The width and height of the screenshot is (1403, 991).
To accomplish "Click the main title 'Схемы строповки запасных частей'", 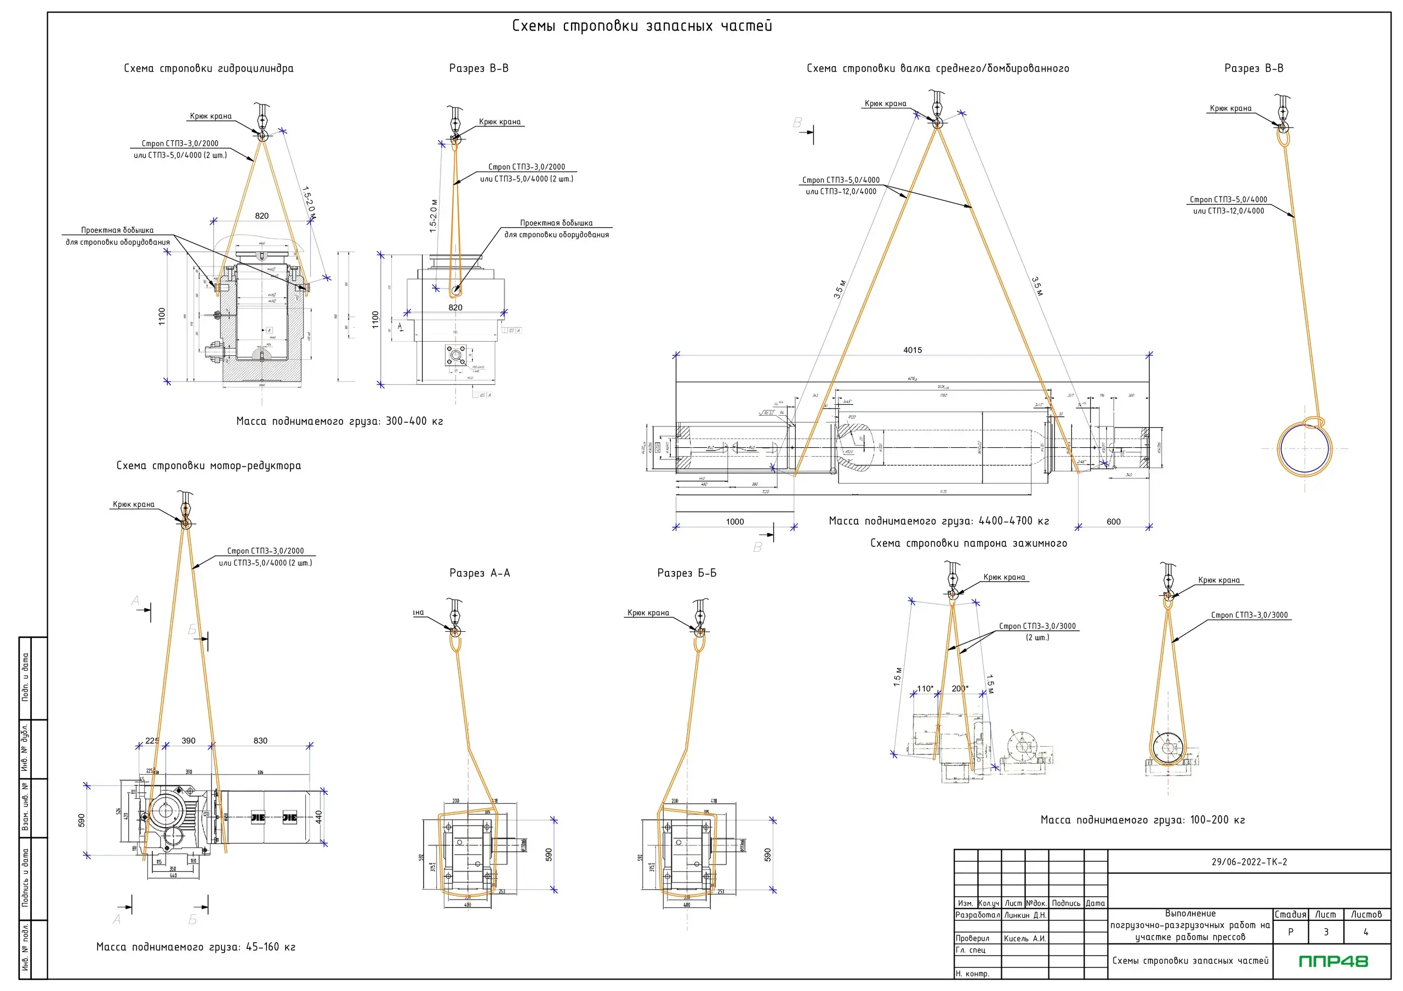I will click(642, 26).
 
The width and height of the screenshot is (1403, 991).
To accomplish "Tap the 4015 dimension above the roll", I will click(912, 350).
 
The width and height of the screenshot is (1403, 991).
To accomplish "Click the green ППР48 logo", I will click(1333, 961).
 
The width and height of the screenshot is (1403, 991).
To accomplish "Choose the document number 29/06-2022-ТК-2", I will click(1249, 862).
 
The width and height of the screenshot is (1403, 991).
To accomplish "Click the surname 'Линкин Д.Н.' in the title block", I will click(1025, 915).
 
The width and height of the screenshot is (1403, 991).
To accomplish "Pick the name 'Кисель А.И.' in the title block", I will click(1025, 938).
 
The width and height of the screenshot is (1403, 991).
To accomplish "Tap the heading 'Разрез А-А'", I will click(480, 573).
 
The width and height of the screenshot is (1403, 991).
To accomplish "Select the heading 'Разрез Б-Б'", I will click(687, 573).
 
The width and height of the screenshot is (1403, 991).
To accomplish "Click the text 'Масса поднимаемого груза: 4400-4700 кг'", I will click(939, 521).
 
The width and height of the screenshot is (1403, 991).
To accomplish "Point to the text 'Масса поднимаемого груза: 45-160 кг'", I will click(196, 947).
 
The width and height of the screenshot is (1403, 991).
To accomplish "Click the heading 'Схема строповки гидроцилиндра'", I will click(208, 68).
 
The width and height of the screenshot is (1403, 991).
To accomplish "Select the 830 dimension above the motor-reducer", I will click(260, 741).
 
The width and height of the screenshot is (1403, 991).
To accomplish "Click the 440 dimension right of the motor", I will click(318, 817).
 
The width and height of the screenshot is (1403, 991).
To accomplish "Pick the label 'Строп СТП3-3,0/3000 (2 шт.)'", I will click(1037, 631).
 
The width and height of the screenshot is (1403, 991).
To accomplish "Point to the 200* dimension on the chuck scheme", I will click(960, 689).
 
